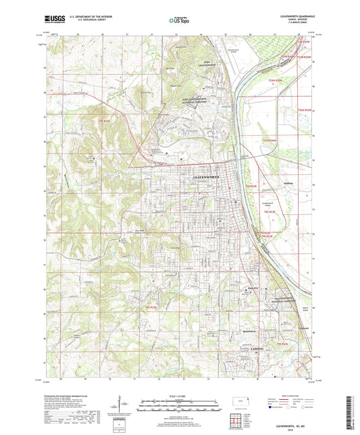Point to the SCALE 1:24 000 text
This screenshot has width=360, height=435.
(179, 396)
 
